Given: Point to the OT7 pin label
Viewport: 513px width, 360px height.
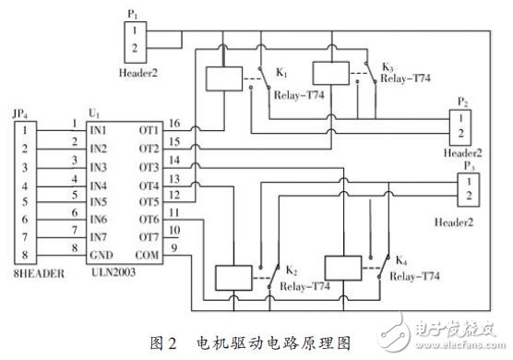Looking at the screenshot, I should [149, 234].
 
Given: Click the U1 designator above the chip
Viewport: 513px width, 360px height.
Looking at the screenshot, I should [92, 113].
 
